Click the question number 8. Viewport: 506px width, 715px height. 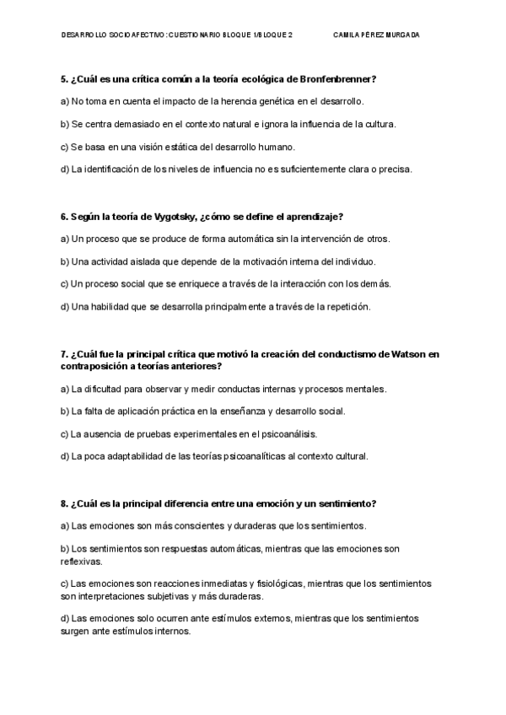pos(64,503)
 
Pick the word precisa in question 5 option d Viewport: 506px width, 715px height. pos(394,169)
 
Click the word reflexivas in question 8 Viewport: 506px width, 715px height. pos(81,560)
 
